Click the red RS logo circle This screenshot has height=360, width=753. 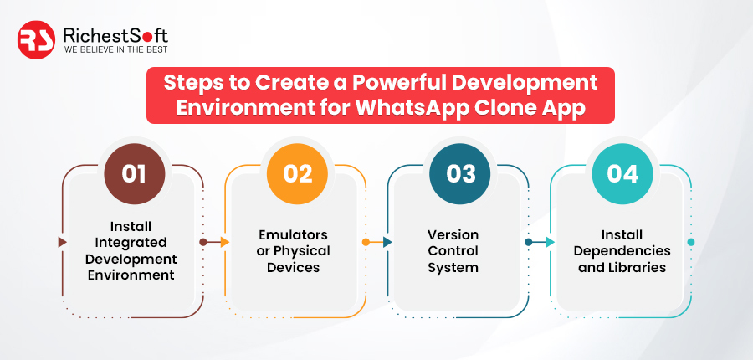coord(36,40)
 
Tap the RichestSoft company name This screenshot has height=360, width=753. coord(115,35)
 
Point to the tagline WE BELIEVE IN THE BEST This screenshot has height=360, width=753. coord(115,49)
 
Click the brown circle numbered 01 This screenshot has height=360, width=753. coord(135,174)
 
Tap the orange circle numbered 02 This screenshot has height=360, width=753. coord(297,174)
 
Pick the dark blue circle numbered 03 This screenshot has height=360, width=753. coord(460,174)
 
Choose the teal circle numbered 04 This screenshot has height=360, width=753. coord(622,174)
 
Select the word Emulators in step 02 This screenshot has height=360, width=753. coord(294,234)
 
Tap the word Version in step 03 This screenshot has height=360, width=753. coord(453,234)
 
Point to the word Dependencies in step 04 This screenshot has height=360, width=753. coord(622,251)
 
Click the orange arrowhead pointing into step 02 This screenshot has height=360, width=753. coord(225,242)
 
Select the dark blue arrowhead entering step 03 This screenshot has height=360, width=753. coord(387,242)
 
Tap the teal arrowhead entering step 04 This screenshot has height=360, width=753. coord(550,242)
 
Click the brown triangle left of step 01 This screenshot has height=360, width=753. coord(62,242)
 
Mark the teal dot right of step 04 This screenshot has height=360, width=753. coord(691,242)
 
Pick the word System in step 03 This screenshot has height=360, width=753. coord(453,268)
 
